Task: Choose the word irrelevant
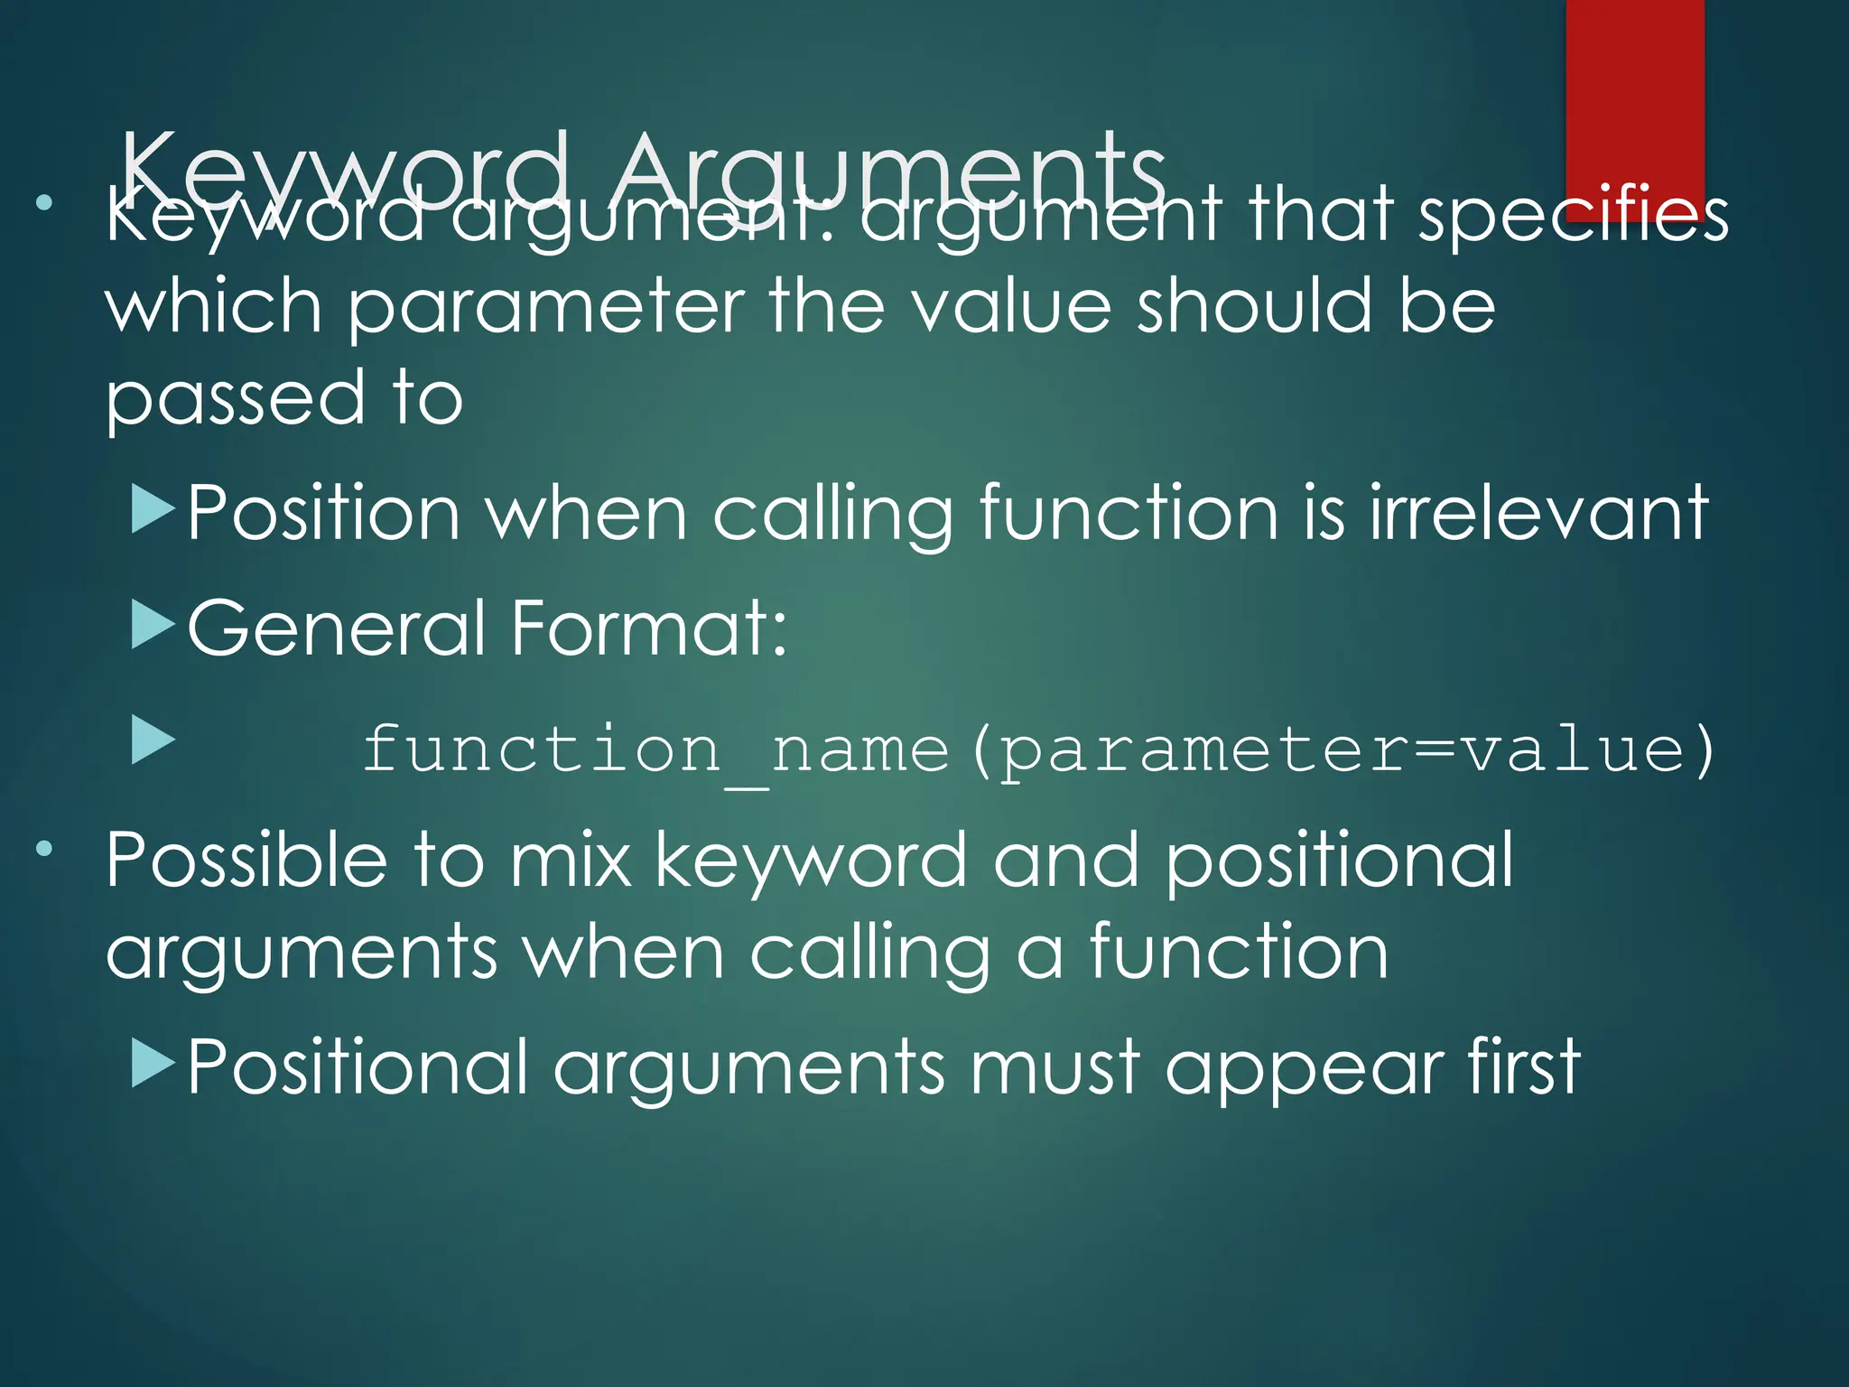(1538, 513)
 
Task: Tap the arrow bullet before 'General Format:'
(153, 626)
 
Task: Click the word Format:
(649, 628)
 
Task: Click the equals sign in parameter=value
(1432, 749)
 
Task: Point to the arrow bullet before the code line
(153, 740)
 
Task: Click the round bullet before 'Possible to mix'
(44, 850)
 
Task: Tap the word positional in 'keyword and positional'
(1339, 862)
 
